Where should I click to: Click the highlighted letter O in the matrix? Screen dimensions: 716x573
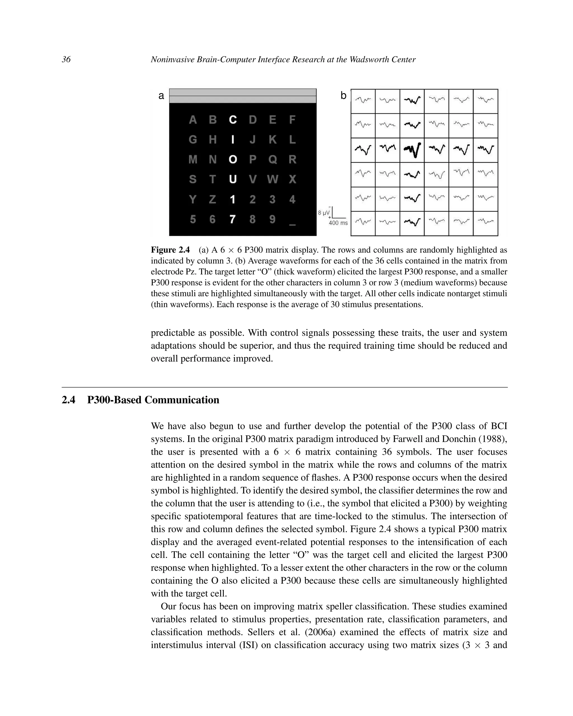coord(233,160)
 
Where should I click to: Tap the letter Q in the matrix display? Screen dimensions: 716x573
coord(273,160)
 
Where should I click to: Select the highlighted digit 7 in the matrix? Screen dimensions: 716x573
coord(233,219)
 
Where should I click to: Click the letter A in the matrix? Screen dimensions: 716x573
coord(193,119)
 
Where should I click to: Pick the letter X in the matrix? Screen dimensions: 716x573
coord(292,179)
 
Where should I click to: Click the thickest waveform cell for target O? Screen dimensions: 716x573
coord(412,150)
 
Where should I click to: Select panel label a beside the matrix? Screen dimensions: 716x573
coord(161,96)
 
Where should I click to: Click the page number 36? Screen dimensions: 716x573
coord(66,60)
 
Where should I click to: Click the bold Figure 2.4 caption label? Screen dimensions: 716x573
coord(170,250)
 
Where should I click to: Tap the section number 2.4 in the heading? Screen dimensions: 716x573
coord(69,400)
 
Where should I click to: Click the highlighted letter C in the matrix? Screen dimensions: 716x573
coord(233,119)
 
